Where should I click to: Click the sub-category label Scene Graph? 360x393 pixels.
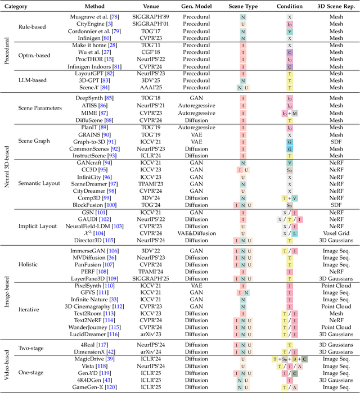35,142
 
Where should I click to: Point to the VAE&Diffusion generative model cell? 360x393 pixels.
196,233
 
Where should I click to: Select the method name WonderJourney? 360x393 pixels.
94,327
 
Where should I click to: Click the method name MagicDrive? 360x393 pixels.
94,359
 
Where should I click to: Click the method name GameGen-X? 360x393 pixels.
94,387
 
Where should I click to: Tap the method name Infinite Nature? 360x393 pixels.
94,300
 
